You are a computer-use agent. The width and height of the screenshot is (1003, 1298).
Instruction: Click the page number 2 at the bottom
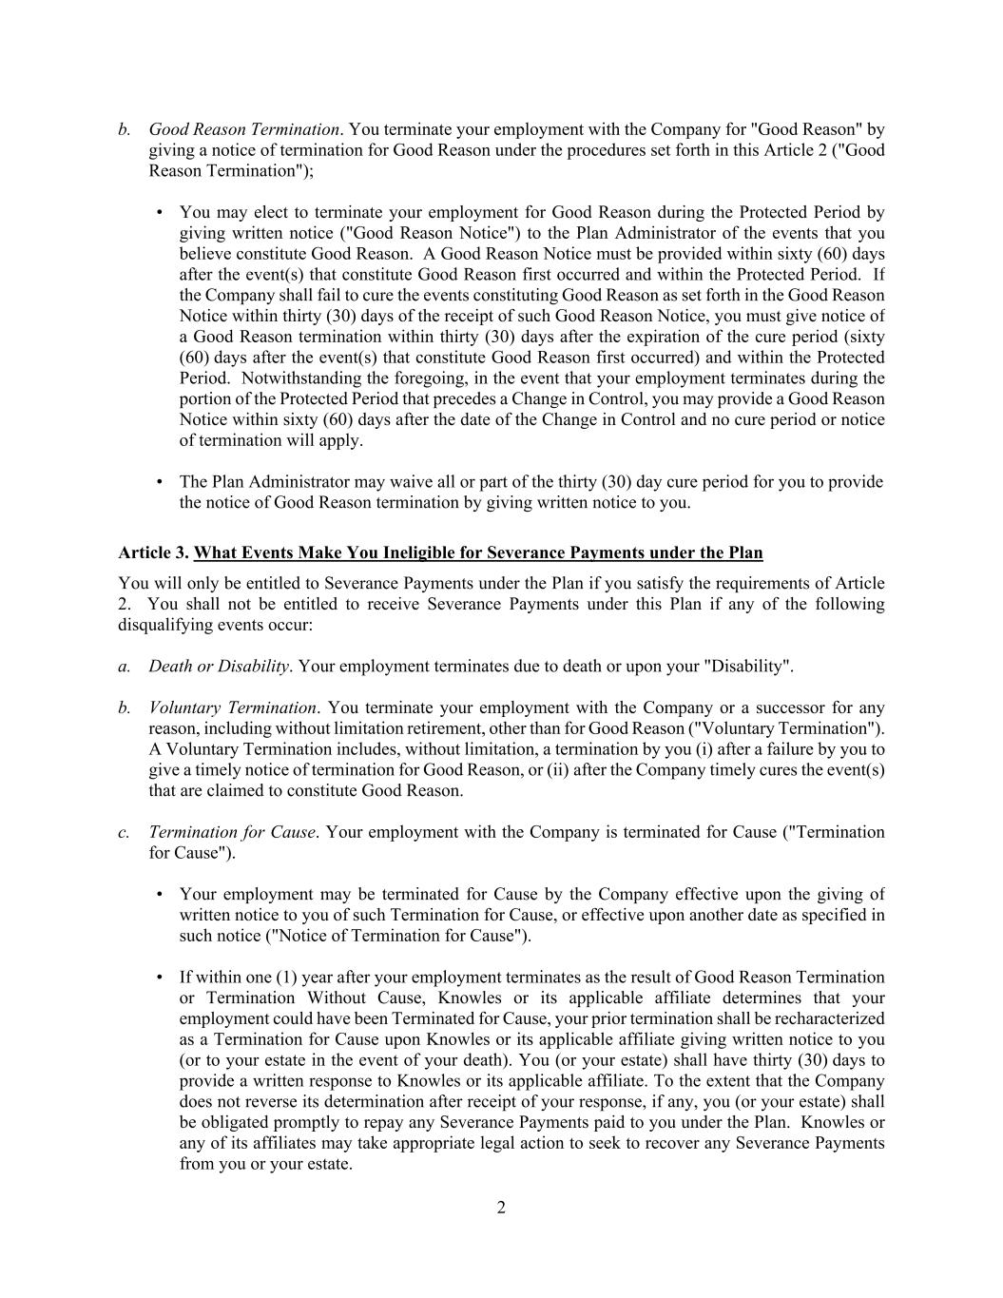point(501,1208)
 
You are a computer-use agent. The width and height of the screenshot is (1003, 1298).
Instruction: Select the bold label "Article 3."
point(153,552)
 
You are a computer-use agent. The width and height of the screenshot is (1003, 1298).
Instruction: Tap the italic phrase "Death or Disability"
point(219,666)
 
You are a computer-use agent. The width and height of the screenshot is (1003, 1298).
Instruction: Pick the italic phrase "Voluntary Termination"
point(232,707)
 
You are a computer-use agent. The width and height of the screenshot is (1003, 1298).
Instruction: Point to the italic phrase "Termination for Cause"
point(231,832)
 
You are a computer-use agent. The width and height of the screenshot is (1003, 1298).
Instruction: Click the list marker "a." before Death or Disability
point(125,666)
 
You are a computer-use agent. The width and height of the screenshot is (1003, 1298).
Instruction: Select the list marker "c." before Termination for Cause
point(125,832)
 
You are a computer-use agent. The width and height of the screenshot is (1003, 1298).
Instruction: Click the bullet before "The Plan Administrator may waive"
point(160,482)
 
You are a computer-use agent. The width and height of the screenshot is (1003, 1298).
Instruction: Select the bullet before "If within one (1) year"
point(160,978)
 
